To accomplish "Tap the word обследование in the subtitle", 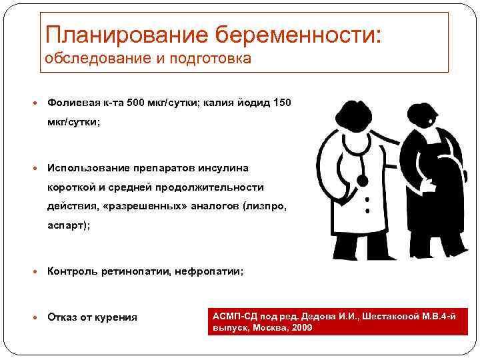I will [92, 59].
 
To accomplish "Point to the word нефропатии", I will [209, 271].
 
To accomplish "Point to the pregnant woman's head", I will [424, 114].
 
